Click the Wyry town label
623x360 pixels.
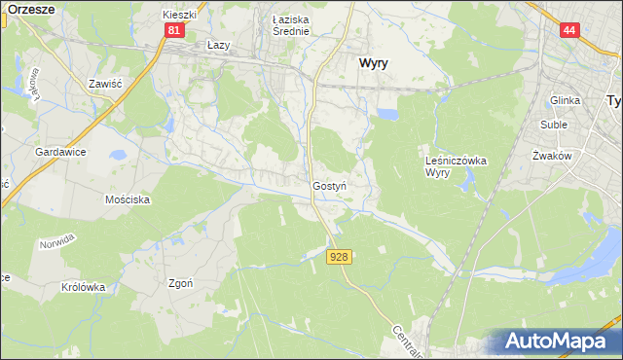(x=374, y=61)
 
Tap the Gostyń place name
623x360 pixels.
(x=330, y=185)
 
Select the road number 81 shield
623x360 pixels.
(x=173, y=30)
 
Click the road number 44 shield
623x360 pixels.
(x=570, y=30)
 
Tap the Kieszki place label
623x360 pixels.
(x=180, y=16)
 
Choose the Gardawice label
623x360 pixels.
(x=61, y=153)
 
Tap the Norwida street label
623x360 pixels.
(x=56, y=243)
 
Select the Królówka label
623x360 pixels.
(x=83, y=287)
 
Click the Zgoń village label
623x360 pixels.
(x=180, y=283)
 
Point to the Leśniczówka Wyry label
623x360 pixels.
(x=456, y=166)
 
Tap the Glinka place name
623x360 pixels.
(x=565, y=100)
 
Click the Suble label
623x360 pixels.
(x=556, y=126)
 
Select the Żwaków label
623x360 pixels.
(x=550, y=156)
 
